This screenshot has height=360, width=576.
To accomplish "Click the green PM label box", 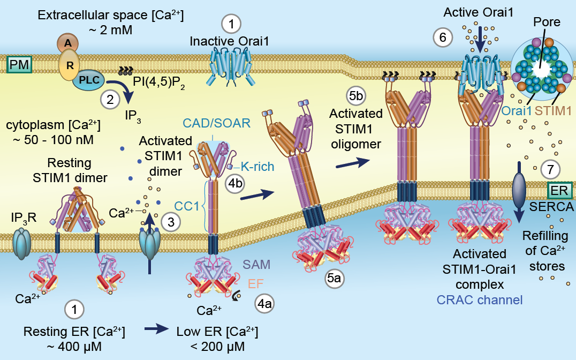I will coord(19,65).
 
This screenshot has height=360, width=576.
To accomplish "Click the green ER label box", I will coord(559,189).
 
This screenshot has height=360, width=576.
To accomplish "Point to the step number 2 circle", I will coord(110,99).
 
